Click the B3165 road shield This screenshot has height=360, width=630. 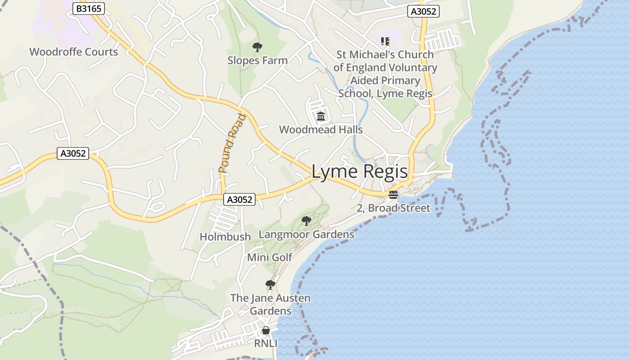pyautogui.click(x=88, y=9)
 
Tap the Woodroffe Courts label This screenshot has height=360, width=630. pyautogui.click(x=74, y=52)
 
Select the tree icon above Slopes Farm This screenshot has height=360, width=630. pyautogui.click(x=257, y=47)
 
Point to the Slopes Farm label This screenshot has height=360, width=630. pyautogui.click(x=257, y=60)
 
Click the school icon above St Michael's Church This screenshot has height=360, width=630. pyautogui.click(x=385, y=41)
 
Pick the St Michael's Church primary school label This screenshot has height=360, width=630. pyautogui.click(x=385, y=74)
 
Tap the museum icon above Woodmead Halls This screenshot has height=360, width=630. pyautogui.click(x=321, y=117)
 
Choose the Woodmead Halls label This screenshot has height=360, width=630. pyautogui.click(x=321, y=130)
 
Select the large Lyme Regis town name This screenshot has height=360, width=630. pyautogui.click(x=360, y=171)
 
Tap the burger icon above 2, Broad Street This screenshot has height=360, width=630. pyautogui.click(x=393, y=195)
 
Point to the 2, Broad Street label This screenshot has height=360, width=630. pyautogui.click(x=393, y=208)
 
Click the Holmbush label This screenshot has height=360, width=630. pyautogui.click(x=225, y=236)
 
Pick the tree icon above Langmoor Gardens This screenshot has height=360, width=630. pyautogui.click(x=306, y=221)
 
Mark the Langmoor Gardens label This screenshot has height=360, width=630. pyautogui.click(x=306, y=234)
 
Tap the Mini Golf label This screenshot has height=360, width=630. pyautogui.click(x=270, y=257)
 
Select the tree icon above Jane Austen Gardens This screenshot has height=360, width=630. pyautogui.click(x=270, y=285)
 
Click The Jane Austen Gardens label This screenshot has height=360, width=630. pyautogui.click(x=270, y=305)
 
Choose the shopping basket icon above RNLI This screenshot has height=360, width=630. pyautogui.click(x=266, y=331)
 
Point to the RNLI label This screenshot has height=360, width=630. pyautogui.click(x=266, y=344)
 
